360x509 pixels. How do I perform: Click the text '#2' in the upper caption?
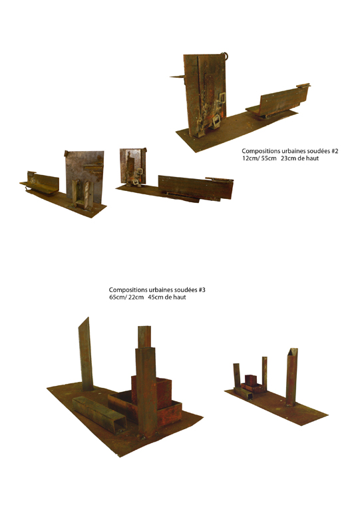tap(335, 151)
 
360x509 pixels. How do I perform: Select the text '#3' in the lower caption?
tap(202, 289)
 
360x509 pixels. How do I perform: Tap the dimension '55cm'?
tap(269, 158)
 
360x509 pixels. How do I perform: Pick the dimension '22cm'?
tap(136, 297)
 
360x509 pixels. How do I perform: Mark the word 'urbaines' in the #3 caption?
tap(158, 289)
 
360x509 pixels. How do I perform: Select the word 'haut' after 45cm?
tap(180, 297)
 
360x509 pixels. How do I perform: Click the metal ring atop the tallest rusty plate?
tap(226, 56)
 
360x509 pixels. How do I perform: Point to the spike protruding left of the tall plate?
tap(177, 77)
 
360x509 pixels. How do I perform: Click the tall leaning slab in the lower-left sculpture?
tap(86, 354)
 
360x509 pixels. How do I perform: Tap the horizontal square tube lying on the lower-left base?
tap(99, 415)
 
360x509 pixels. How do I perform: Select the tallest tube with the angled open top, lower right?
tap(291, 377)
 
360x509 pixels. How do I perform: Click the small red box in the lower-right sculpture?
tap(251, 380)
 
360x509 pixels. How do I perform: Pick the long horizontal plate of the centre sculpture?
tap(196, 188)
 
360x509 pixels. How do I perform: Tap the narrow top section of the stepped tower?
tap(144, 337)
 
